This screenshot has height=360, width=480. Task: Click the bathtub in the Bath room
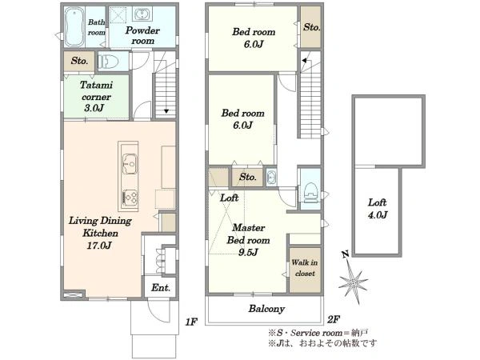74,27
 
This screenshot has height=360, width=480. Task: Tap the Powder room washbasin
142,14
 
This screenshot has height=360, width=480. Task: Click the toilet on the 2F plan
310,192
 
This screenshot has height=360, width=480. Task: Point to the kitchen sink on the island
130,164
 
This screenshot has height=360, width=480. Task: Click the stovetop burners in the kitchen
130,198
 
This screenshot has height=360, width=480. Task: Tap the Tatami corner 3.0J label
96,96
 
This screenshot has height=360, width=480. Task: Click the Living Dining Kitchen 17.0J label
100,233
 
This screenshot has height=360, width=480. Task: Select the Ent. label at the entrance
161,288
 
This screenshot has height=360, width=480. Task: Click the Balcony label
266,309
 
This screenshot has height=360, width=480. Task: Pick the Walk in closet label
305,268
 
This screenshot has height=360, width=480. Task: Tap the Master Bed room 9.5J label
248,240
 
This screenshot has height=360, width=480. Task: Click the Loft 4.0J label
378,209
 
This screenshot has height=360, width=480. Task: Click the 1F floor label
191,322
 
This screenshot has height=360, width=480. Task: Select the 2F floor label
334,319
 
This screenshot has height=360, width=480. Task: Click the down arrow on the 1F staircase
166,111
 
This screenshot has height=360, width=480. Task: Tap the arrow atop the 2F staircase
304,61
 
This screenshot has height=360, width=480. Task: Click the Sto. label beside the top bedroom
311,27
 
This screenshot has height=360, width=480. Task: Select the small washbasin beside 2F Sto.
271,177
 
